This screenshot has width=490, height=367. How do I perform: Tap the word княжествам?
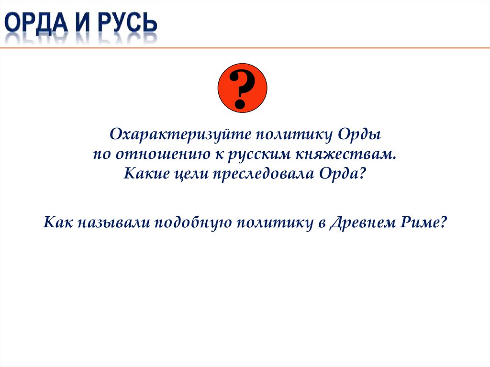tap(346, 154)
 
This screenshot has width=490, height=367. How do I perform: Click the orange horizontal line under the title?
tap(287, 48)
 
